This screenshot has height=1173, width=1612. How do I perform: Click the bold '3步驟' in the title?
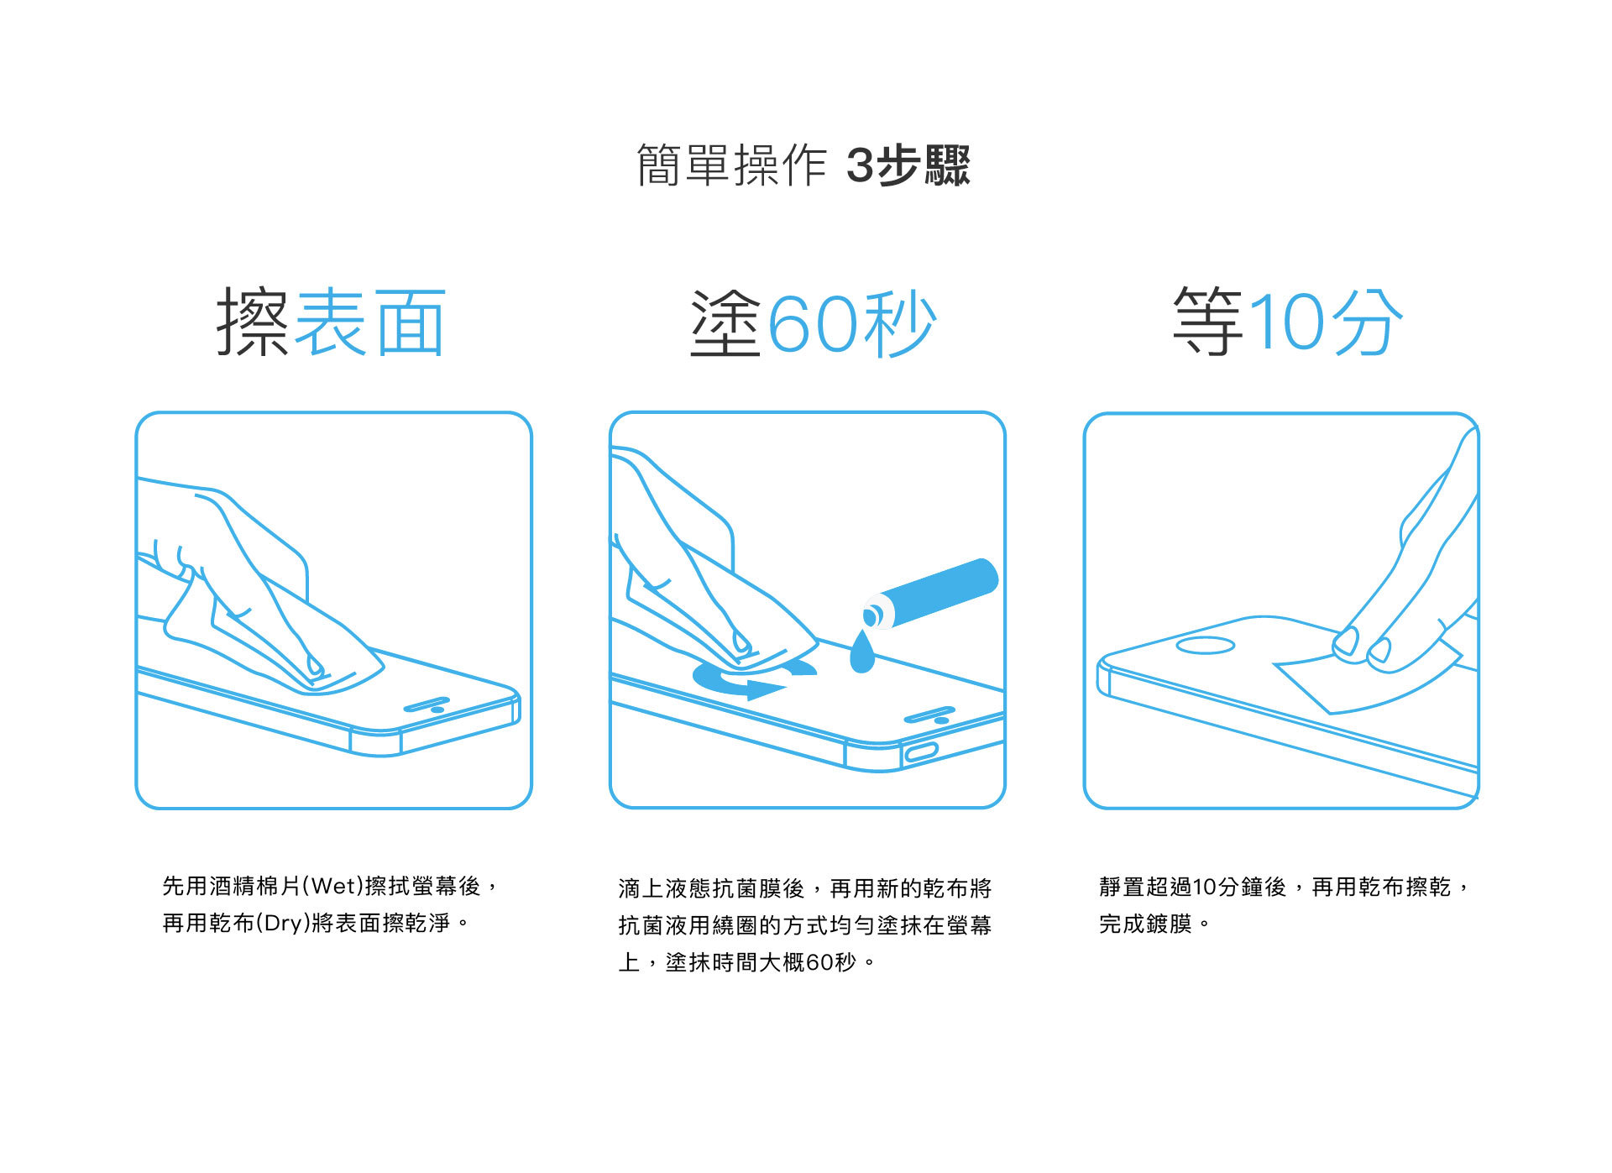pos(908,165)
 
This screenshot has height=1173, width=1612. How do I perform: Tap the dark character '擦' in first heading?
pos(253,322)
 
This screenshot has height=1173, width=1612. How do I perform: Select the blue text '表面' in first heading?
pos(370,322)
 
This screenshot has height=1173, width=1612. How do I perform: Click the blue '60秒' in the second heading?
pos(851,324)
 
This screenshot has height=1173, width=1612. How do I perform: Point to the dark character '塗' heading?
pos(725,324)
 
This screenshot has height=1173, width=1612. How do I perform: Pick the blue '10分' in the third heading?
pos(1326,322)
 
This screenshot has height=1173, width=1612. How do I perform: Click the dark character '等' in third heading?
pos(1207,322)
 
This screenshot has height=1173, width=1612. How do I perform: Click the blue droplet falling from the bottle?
pos(862,654)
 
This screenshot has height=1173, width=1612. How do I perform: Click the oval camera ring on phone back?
pos(1205,645)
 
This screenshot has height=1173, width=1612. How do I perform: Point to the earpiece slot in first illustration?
pos(427,703)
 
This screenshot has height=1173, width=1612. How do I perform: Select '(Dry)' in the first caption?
pos(282,923)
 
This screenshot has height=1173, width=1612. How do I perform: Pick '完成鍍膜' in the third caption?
pos(1145,924)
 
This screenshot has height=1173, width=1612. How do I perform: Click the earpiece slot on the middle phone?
pos(928,715)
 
